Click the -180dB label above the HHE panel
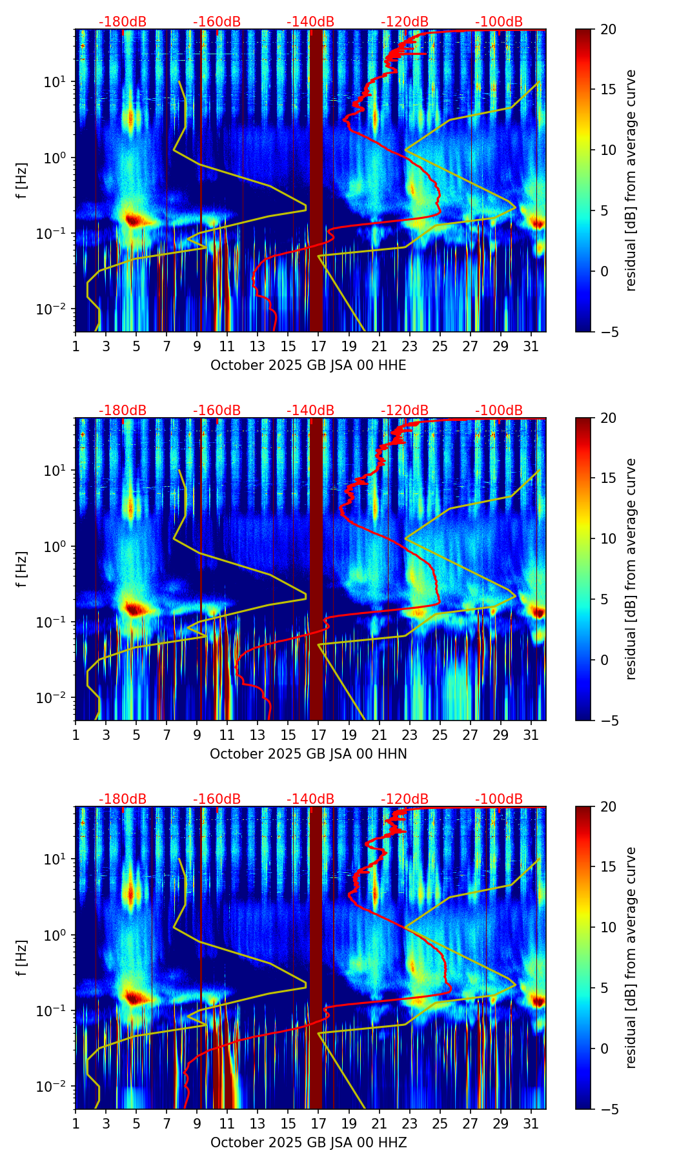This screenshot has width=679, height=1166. click(123, 22)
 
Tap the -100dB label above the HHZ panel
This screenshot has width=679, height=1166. click(499, 799)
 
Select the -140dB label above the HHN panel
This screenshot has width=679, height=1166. click(310, 411)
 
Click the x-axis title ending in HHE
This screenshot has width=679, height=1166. click(309, 365)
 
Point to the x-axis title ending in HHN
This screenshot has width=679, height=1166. click(309, 754)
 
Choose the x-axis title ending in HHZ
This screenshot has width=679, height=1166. click(309, 1143)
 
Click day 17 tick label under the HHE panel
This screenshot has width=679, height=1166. click(319, 346)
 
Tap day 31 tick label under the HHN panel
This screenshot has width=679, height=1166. click(531, 735)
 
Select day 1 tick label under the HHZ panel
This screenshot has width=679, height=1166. click(76, 1123)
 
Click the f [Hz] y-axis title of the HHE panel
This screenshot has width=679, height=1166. click(22, 180)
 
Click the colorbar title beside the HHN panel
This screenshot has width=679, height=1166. click(631, 569)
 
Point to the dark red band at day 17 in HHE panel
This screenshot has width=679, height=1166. click(316, 180)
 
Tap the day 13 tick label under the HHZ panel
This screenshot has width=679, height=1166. click(258, 1123)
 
